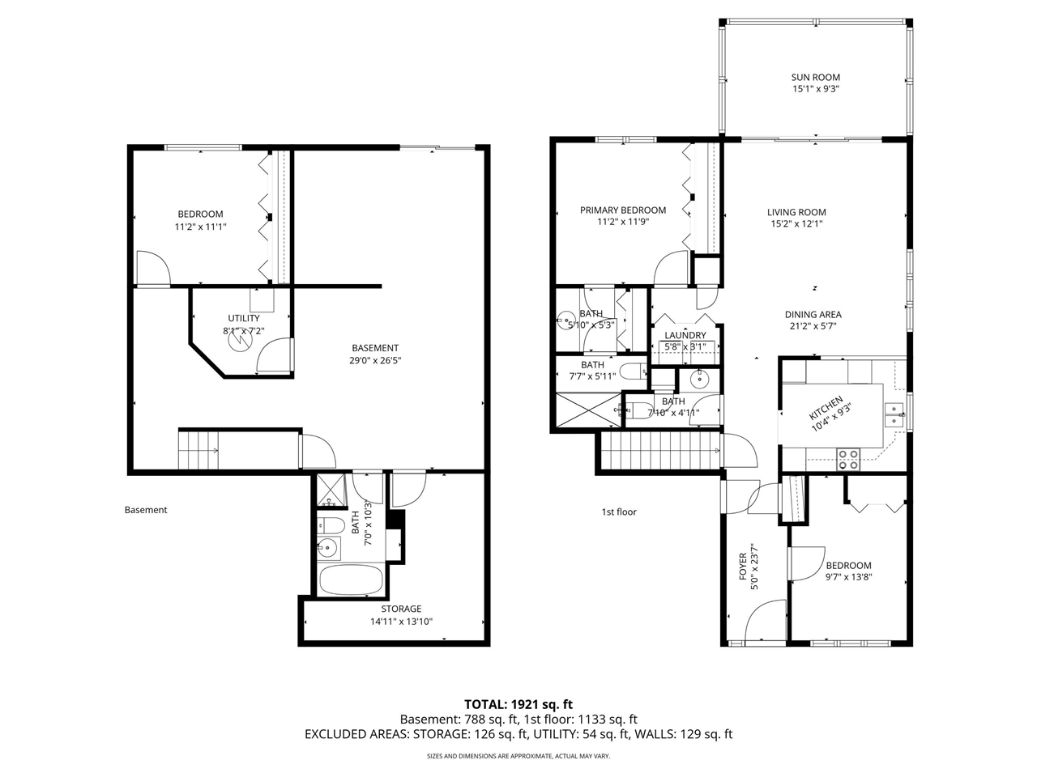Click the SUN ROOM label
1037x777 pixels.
point(815,78)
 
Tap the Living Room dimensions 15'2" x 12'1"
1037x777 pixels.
point(796,224)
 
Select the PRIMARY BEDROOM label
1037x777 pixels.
point(623,210)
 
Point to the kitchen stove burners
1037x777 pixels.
point(847,459)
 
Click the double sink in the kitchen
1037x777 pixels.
point(894,414)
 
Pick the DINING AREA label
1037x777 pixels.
point(813,315)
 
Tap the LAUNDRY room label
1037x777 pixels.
point(685,335)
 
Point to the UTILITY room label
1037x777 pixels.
point(244,319)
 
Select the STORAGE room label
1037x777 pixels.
point(401,609)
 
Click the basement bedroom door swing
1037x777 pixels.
point(153,268)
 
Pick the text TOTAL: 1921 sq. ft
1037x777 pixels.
point(518,704)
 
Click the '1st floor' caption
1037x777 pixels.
point(619,512)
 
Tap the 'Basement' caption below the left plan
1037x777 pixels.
point(146,510)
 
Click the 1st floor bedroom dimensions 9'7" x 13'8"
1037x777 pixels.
point(848,578)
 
